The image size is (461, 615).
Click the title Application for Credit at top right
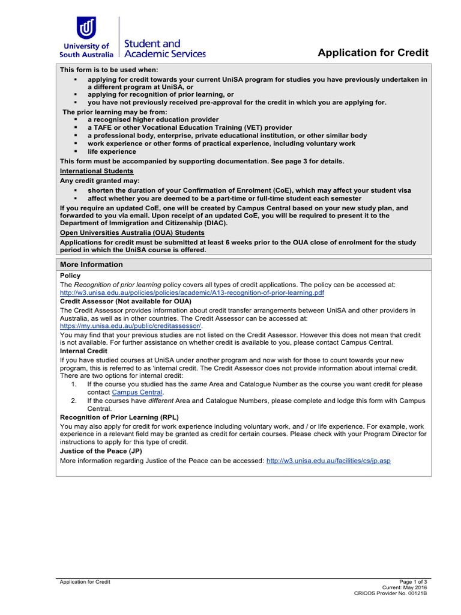tap(373, 53)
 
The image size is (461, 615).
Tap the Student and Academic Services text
tap(164, 49)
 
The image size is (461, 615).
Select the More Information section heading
tap(91, 265)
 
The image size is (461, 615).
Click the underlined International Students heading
tap(97, 171)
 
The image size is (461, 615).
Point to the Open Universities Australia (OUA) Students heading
tap(132, 232)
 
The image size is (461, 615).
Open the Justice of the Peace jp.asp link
tap(328, 461)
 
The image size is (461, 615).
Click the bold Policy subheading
tap(70, 276)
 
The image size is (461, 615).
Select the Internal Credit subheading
tap(84, 351)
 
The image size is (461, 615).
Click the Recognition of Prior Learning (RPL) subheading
tap(119, 417)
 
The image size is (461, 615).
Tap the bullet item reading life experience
tap(112, 152)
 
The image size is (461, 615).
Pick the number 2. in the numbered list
tap(74, 401)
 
